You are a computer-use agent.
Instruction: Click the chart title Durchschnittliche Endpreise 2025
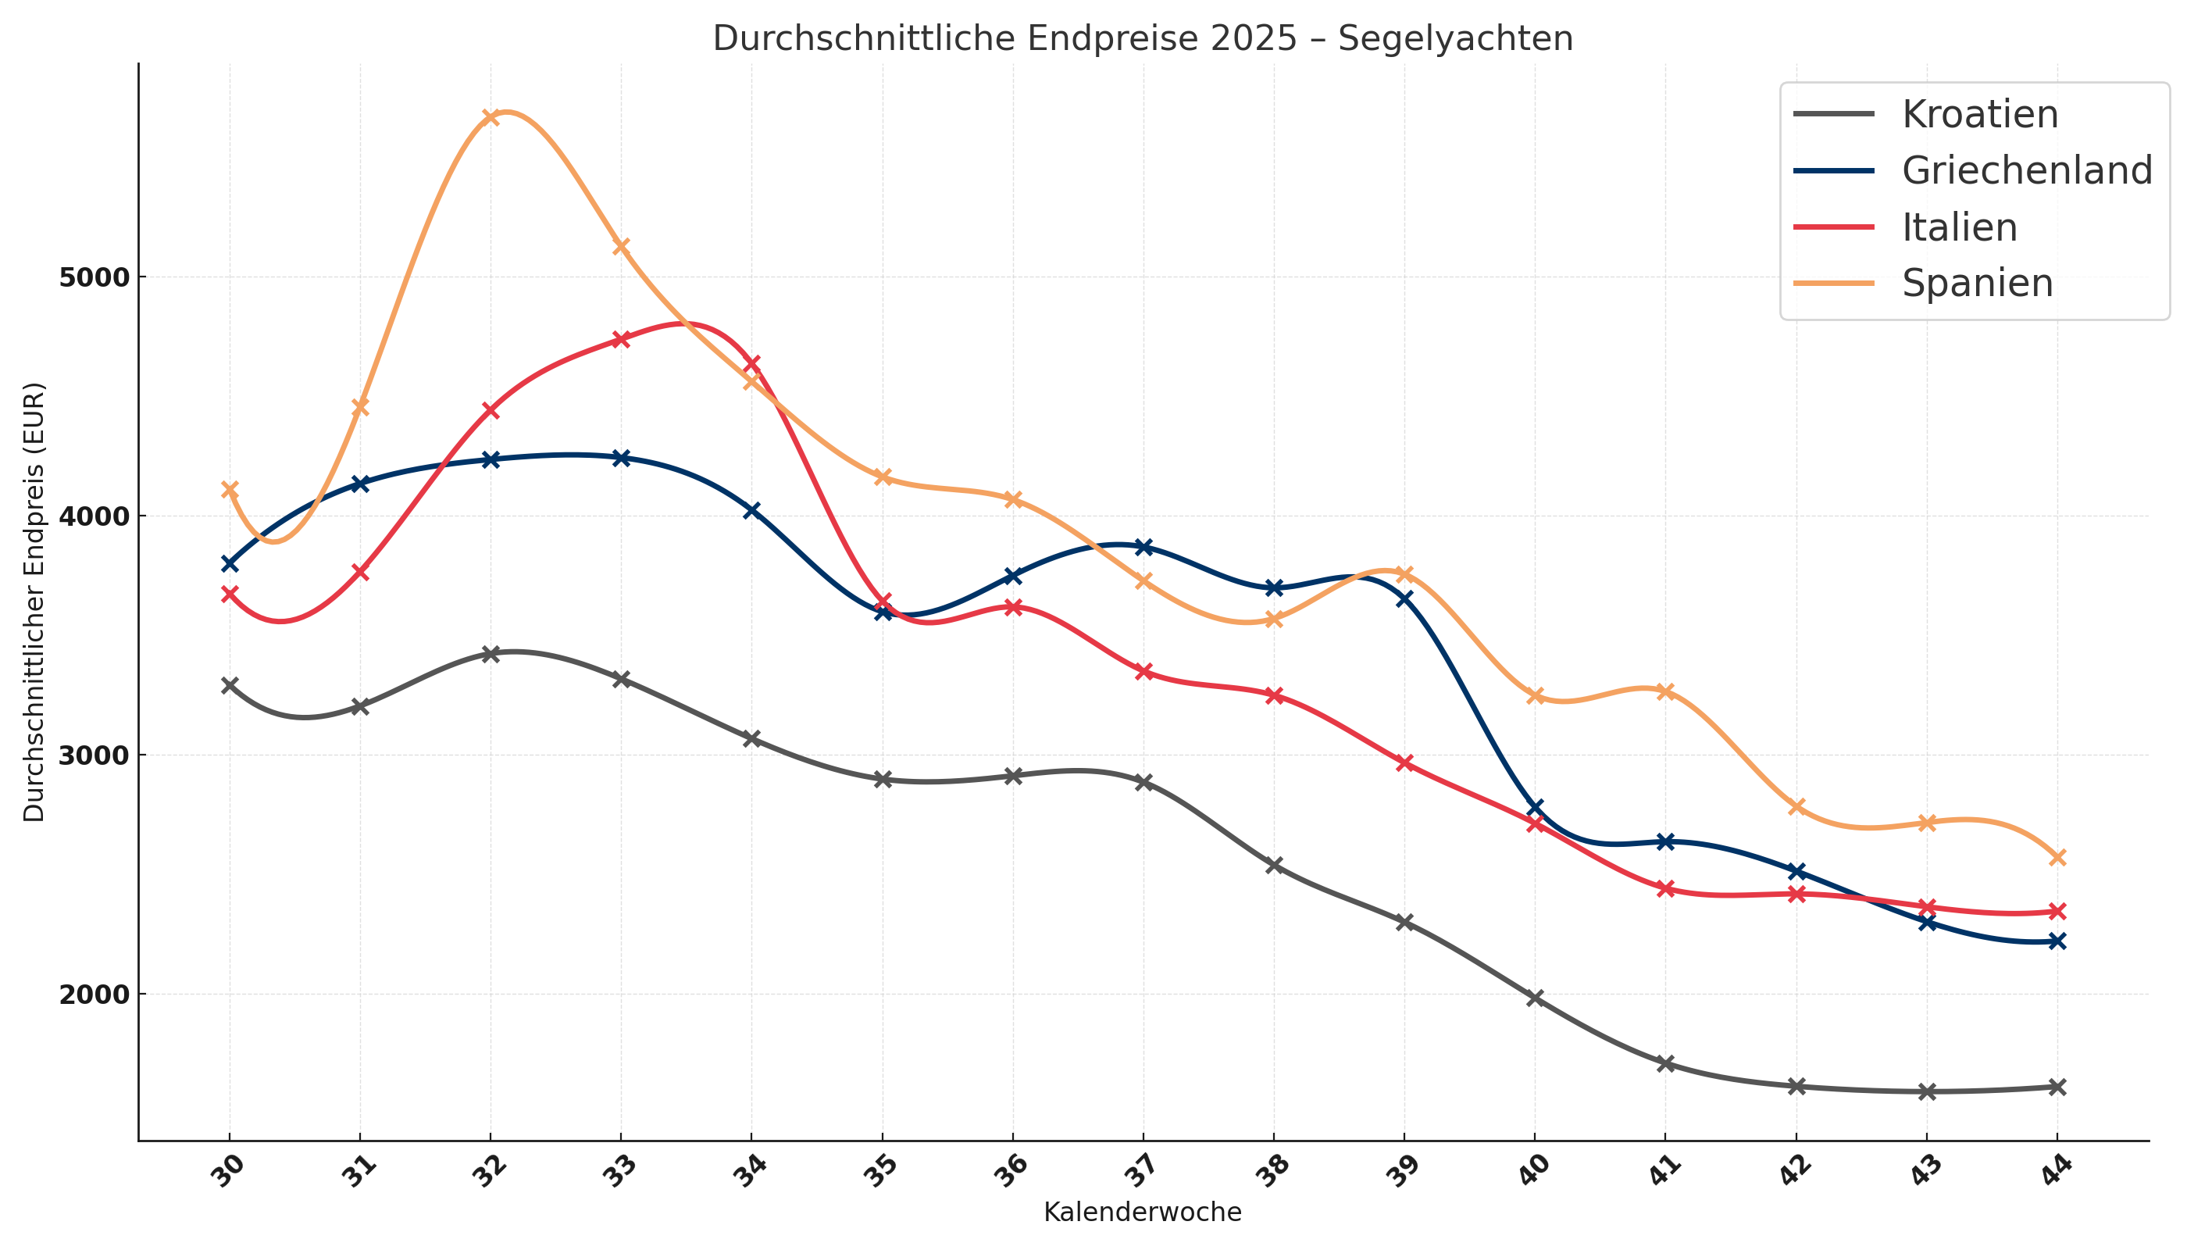(1143, 38)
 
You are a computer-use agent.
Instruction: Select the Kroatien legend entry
(1979, 114)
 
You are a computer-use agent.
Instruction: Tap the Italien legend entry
(1959, 227)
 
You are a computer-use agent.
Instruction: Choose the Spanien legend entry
(1977, 284)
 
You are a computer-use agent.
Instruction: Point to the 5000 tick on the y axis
(92, 277)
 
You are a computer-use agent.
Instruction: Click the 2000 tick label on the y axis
(92, 995)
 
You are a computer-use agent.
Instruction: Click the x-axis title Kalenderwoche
(1143, 1212)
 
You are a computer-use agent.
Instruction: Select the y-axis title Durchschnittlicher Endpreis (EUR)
(34, 602)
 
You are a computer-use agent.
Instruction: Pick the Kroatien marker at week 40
(1535, 998)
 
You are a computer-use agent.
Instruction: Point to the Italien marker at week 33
(622, 339)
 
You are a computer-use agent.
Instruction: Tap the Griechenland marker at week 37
(1143, 547)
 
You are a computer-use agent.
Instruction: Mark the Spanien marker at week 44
(2057, 858)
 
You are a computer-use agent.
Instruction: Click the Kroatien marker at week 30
(229, 685)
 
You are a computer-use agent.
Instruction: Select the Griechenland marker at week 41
(1665, 842)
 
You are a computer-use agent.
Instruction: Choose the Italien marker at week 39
(1404, 762)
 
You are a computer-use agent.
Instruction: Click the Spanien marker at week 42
(1796, 807)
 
